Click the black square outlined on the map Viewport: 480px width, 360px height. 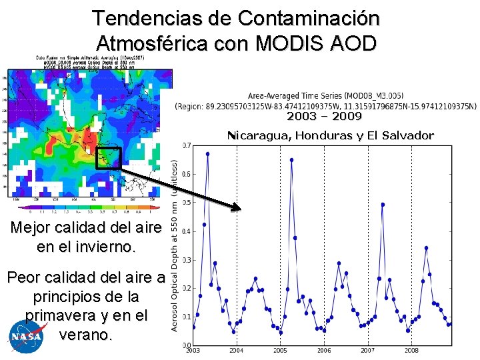coord(107,157)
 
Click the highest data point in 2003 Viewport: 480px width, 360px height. coord(207,153)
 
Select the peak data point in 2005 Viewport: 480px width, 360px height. coord(291,159)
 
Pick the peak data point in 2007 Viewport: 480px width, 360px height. coord(383,204)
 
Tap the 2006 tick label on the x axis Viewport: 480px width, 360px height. coord(324,350)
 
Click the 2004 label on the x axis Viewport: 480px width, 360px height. coord(236,350)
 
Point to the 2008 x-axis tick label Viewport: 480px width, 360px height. coord(411,350)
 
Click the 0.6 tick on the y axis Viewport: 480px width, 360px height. coord(187,174)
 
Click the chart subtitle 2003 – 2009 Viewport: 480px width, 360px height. coord(324,117)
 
